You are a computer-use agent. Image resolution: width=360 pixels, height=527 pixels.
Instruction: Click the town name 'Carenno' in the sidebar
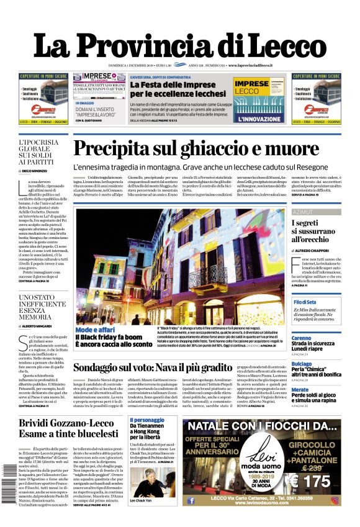302,338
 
